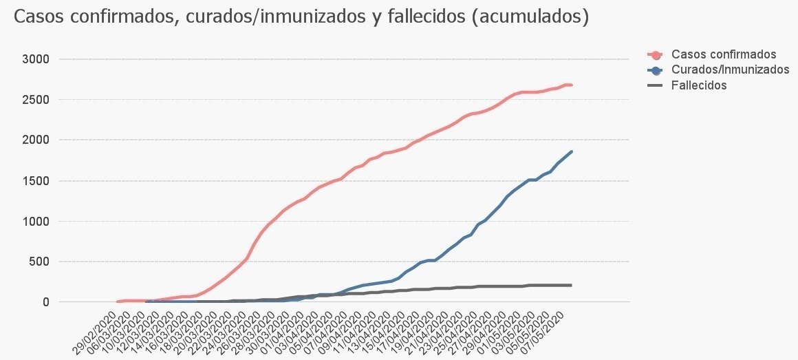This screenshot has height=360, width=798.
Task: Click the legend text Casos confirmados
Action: pyautogui.click(x=724, y=54)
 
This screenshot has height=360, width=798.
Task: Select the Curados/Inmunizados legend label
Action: pyautogui.click(x=730, y=70)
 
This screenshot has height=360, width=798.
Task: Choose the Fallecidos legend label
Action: pyautogui.click(x=699, y=85)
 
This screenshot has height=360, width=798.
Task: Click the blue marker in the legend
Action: pyautogui.click(x=656, y=70)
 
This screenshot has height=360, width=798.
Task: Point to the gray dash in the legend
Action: pyautogui.click(x=656, y=85)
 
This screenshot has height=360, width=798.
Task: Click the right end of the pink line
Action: pyautogui.click(x=571, y=85)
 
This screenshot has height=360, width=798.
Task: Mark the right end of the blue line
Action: pyautogui.click(x=571, y=151)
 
